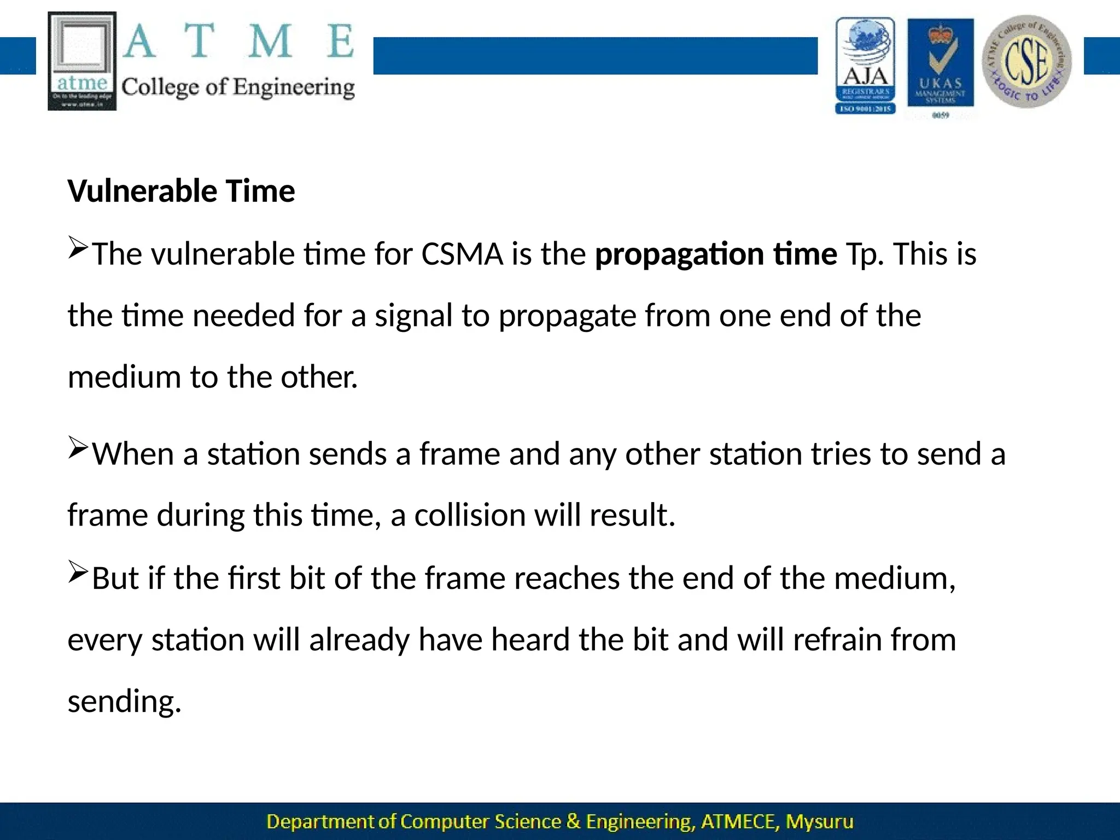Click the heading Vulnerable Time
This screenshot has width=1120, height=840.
181,191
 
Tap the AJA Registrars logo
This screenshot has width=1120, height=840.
865,66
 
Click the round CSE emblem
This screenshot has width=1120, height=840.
1027,61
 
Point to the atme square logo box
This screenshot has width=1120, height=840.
82,61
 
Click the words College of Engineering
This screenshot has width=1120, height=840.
238,87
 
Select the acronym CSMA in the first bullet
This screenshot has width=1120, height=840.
462,254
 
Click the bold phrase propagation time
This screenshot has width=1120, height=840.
715,255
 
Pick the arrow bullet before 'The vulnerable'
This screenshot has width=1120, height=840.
78,247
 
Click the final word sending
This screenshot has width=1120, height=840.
124,702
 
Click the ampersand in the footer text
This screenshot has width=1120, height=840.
573,821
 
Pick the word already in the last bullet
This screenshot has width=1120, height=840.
359,640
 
